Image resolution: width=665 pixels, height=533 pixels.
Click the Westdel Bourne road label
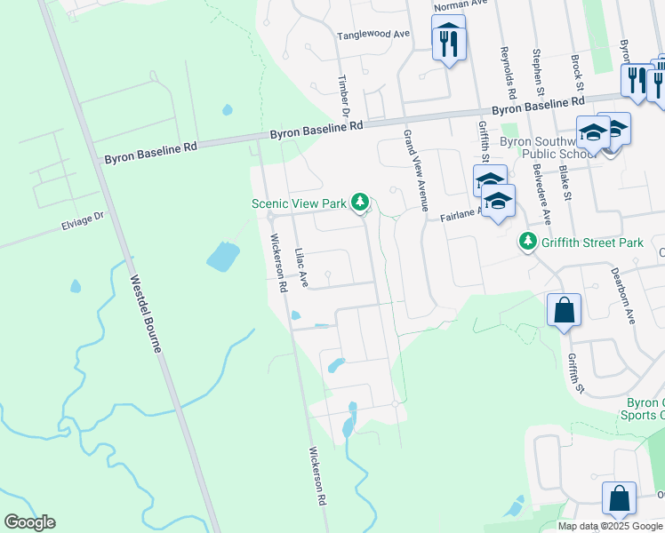146,313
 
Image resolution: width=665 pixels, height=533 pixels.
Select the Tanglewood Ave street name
373,36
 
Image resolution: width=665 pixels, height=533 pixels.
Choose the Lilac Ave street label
300,266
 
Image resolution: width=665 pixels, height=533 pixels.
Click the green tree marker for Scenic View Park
360,203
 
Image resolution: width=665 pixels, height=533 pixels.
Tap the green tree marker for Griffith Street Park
528,241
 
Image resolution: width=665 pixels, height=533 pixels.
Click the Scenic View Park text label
299,203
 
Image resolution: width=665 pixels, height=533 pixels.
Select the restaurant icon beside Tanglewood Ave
448,41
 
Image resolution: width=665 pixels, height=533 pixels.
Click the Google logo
29,522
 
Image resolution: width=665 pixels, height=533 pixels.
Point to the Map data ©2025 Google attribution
609,526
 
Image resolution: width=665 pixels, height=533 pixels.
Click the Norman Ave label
467,4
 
